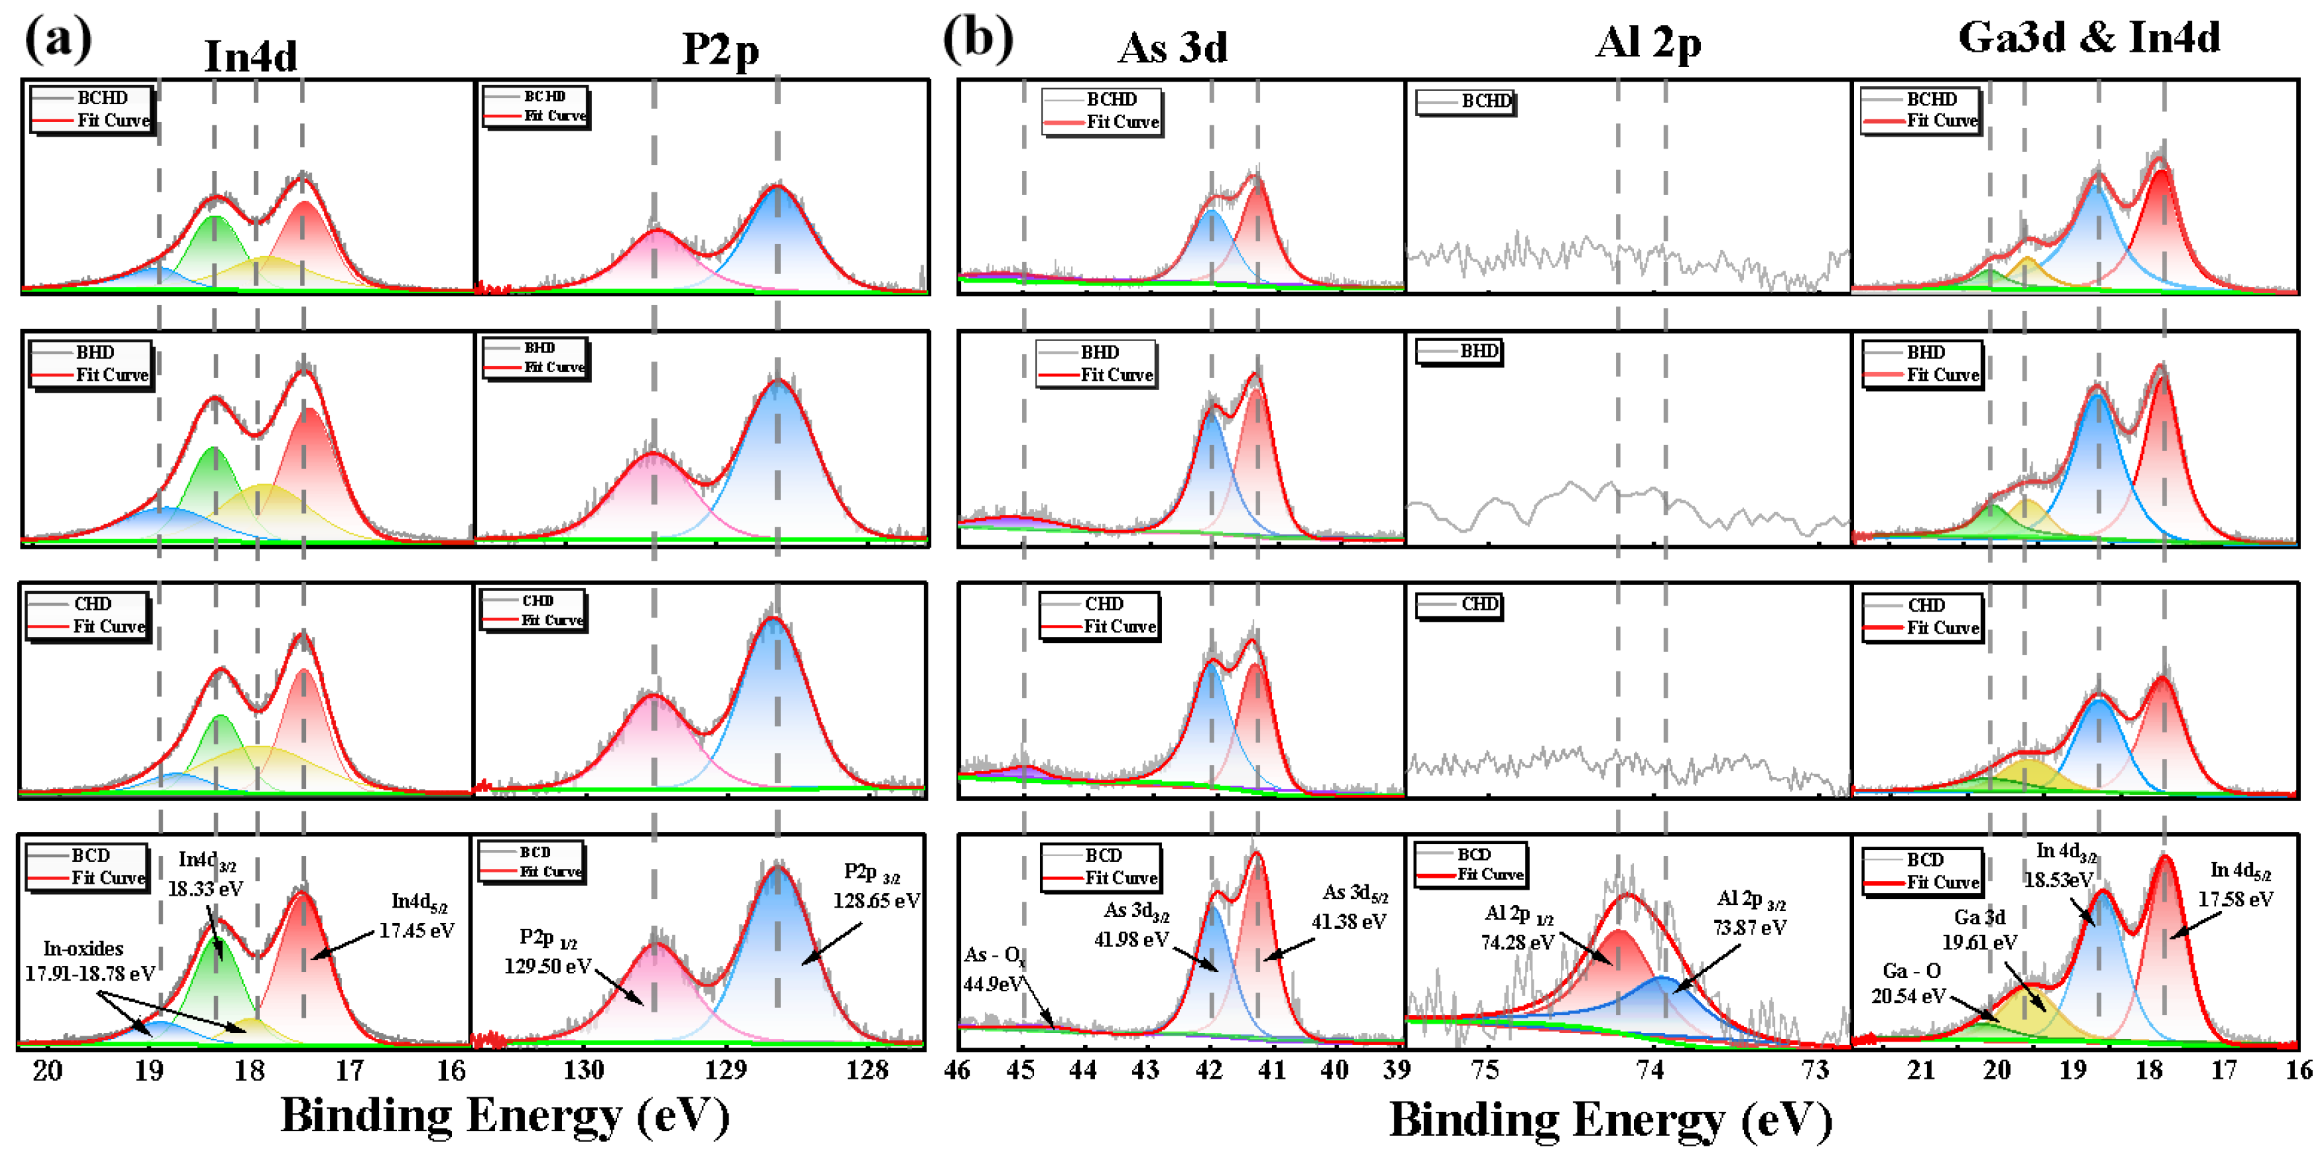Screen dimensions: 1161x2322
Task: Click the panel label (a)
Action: pyautogui.click(x=58, y=40)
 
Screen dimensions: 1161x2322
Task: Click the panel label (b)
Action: pyautogui.click(x=978, y=40)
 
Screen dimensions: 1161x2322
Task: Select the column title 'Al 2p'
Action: pyautogui.click(x=1648, y=42)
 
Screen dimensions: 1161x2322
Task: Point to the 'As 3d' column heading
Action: pyautogui.click(x=1172, y=48)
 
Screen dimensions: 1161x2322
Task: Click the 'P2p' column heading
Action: pyautogui.click(x=719, y=50)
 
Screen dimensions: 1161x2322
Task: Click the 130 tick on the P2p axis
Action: pyautogui.click(x=583, y=1070)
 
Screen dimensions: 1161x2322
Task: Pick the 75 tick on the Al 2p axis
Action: pyautogui.click(x=1484, y=1070)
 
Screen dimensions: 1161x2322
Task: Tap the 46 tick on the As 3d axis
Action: pyautogui.click(x=958, y=1070)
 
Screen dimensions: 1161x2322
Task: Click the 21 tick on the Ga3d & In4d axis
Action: pyautogui.click(x=1921, y=1070)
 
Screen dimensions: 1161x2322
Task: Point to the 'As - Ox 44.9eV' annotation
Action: pyautogui.click(x=994, y=969)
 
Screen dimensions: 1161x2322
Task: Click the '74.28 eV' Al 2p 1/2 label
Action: pyautogui.click(x=1517, y=942)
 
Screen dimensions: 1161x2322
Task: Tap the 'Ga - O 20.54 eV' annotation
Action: pyautogui.click(x=1909, y=983)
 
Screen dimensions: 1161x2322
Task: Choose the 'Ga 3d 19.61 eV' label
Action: pyautogui.click(x=1980, y=929)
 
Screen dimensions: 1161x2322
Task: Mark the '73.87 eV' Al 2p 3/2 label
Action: pyautogui.click(x=1749, y=927)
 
